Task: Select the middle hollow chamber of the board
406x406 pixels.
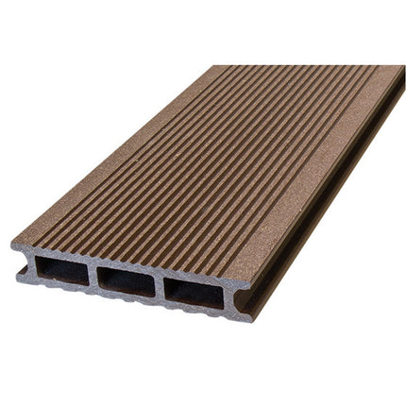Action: [x=128, y=282]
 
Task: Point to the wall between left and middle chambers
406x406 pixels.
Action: [x=93, y=276]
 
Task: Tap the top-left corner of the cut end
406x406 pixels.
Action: [x=13, y=244]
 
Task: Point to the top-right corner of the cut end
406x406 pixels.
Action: [x=249, y=281]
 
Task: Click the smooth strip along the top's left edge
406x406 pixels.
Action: [x=142, y=151]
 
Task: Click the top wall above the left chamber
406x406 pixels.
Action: [x=60, y=254]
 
